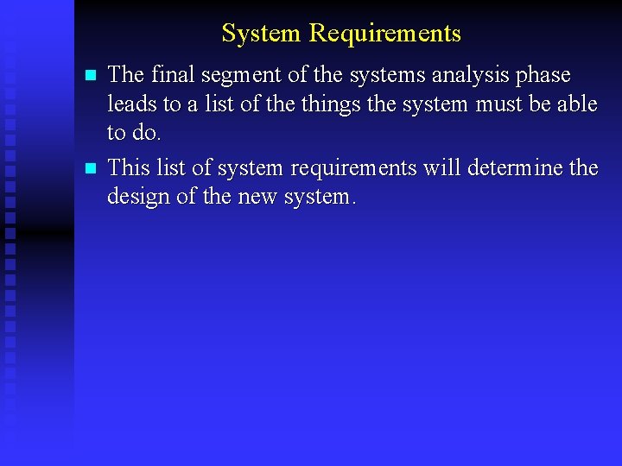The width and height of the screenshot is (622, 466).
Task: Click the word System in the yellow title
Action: (x=261, y=33)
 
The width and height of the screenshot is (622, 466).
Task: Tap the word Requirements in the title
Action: (x=385, y=33)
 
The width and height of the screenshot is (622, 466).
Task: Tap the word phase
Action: (x=543, y=75)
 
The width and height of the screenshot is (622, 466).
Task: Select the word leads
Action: (x=130, y=104)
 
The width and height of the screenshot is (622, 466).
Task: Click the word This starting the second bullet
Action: (x=126, y=167)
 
